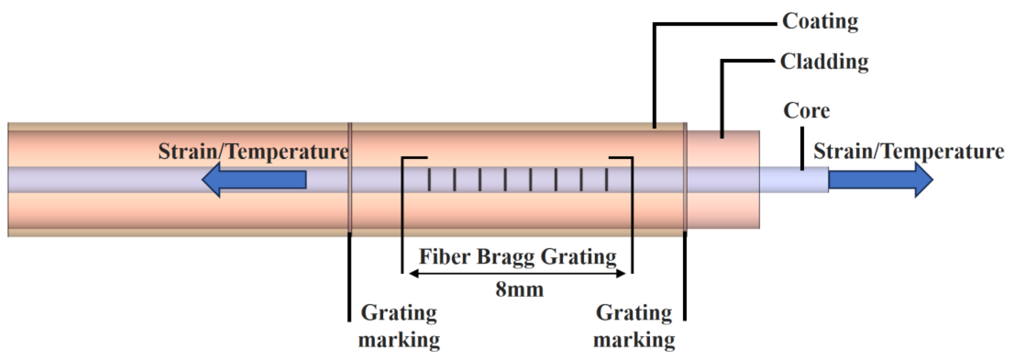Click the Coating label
(x=820, y=22)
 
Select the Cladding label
(x=824, y=62)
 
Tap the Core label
(x=806, y=111)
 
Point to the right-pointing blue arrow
(x=880, y=180)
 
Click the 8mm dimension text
(x=519, y=290)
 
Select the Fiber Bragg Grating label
(x=518, y=257)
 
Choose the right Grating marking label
(x=634, y=326)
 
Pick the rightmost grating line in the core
(x=607, y=180)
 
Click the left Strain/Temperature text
(x=253, y=152)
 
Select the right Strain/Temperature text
(x=908, y=152)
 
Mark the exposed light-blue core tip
(x=794, y=180)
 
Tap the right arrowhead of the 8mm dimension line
(x=621, y=273)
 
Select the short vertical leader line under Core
(x=802, y=148)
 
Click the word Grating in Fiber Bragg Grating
(x=578, y=257)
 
